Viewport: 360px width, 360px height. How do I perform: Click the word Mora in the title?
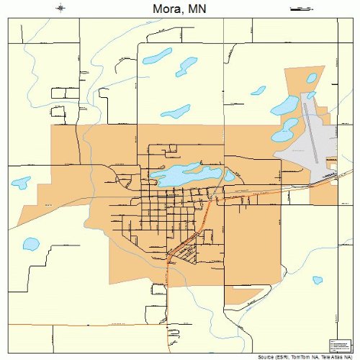click(167, 9)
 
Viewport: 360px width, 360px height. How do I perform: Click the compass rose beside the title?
click(60, 8)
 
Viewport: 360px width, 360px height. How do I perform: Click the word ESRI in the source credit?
click(273, 356)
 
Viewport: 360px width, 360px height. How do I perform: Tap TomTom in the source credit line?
click(295, 356)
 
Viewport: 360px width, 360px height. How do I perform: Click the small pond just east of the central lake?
click(230, 175)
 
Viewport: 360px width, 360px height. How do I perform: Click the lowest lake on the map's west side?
click(31, 244)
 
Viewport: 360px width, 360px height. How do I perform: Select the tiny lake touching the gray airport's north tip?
click(310, 95)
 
